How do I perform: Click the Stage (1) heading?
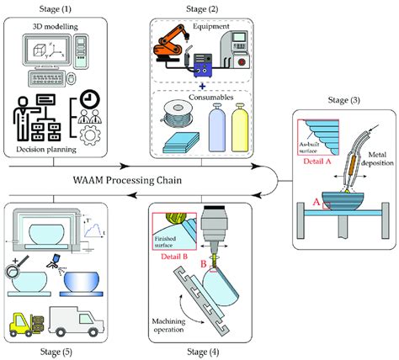click(56, 8)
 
